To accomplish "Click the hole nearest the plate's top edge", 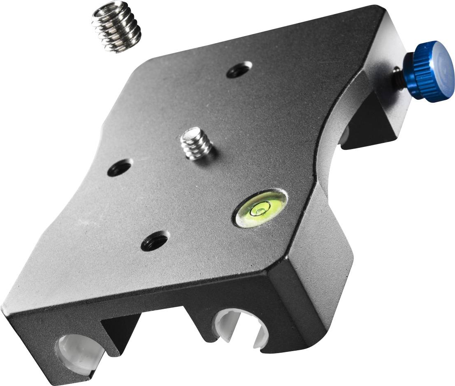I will click(x=239, y=70).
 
